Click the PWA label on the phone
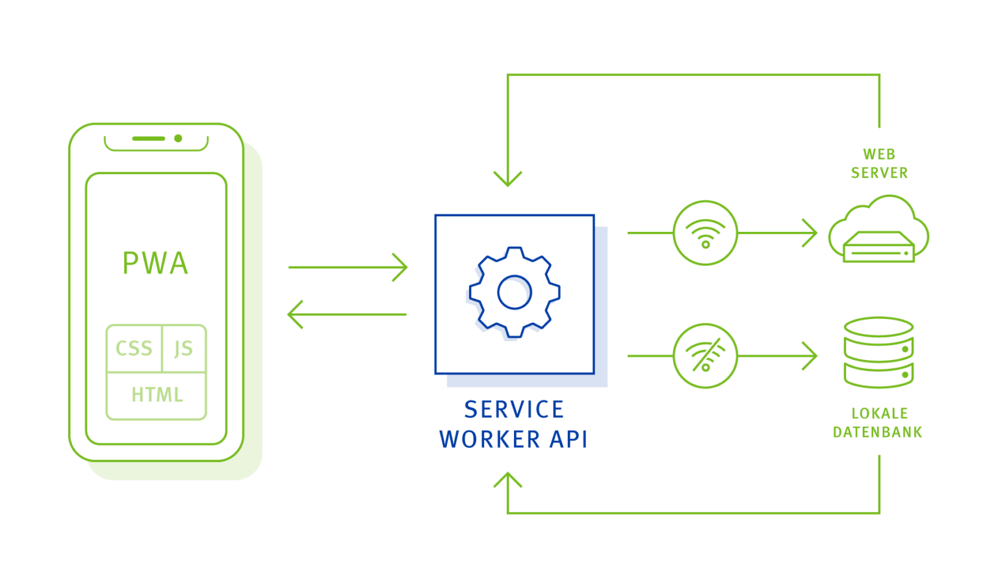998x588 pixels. tap(155, 263)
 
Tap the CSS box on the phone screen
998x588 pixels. tap(134, 348)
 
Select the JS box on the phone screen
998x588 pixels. tap(184, 348)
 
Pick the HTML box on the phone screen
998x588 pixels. tap(157, 394)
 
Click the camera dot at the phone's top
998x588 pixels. tap(178, 138)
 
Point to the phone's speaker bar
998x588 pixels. tap(149, 138)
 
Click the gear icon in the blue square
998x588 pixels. tap(514, 292)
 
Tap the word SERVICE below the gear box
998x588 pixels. tap(514, 409)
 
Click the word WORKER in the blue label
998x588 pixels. tap(490, 439)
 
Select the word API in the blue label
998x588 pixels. tap(569, 439)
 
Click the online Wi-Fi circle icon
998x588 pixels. tap(705, 233)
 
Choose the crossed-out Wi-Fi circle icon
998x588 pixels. tap(705, 356)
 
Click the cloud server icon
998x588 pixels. tap(878, 231)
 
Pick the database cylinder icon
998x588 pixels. tap(878, 353)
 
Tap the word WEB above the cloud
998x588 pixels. tap(879, 154)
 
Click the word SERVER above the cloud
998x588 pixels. tap(879, 173)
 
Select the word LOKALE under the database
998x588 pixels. tap(879, 413)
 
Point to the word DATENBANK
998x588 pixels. tap(877, 432)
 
